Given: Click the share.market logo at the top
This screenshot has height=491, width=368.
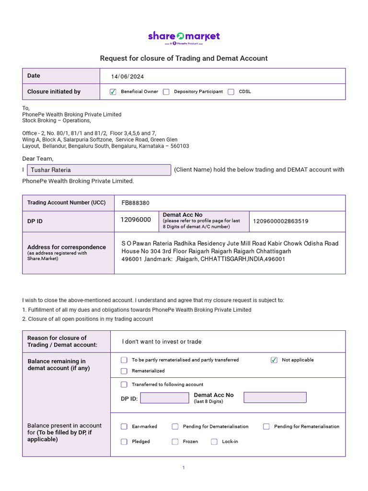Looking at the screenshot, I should [184, 37].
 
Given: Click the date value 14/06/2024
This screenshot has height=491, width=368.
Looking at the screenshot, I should [127, 77].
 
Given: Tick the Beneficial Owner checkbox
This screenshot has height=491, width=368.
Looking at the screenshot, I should [113, 92].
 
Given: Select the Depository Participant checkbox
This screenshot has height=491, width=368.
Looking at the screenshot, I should [166, 92].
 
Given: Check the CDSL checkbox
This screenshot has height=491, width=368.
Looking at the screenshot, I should [231, 92].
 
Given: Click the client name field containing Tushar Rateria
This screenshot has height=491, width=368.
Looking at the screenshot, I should [99, 170].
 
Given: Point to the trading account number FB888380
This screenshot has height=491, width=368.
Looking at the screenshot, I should [136, 203].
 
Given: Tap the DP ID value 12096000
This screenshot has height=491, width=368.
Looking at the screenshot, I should [136, 220].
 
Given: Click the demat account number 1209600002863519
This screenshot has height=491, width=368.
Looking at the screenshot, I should [281, 221].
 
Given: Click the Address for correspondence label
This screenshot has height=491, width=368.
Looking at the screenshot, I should [67, 247].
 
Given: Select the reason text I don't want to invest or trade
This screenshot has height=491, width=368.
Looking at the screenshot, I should [162, 342].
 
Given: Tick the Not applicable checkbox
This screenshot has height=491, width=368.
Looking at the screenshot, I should [274, 360].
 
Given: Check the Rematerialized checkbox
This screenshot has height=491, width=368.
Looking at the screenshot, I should [124, 371].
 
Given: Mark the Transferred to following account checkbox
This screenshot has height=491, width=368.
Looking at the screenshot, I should [124, 385].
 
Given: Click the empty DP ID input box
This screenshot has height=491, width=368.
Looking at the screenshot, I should [164, 398].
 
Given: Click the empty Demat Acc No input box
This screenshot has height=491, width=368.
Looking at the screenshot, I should [275, 397].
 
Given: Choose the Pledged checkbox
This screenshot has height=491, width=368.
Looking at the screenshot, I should [124, 442].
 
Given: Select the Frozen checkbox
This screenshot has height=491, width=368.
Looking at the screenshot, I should [175, 442].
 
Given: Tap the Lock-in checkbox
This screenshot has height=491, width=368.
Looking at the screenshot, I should [214, 442].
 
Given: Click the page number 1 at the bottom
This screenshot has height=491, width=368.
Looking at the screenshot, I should [184, 468].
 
